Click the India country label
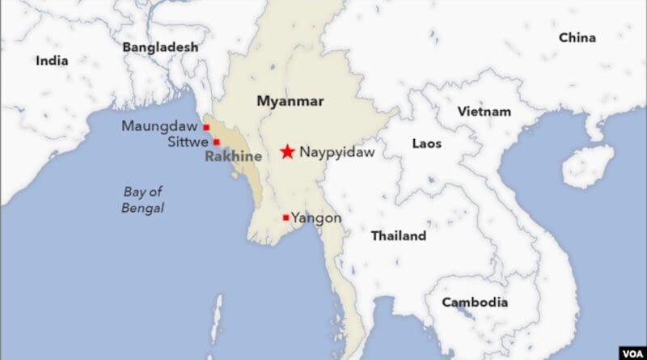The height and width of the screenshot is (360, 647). [x=52, y=61]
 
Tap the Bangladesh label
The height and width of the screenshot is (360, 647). [x=160, y=48]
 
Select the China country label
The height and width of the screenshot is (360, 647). [x=577, y=38]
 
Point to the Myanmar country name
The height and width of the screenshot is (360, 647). [x=290, y=101]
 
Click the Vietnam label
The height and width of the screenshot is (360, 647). [x=484, y=112]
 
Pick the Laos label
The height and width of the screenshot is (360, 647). [x=426, y=143]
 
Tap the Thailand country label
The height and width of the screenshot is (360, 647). [x=398, y=236]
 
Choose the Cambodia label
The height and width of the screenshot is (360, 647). [x=475, y=303]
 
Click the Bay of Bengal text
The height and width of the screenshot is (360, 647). [x=144, y=200]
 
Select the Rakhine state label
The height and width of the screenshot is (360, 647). [x=233, y=156]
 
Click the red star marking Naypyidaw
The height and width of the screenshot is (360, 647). [x=287, y=151]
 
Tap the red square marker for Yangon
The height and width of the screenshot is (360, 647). [x=285, y=218]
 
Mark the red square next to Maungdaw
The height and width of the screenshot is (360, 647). [x=207, y=127]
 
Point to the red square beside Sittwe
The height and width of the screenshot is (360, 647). [x=216, y=142]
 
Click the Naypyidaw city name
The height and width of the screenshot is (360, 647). [x=337, y=151]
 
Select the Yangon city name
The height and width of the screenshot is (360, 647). [x=316, y=218]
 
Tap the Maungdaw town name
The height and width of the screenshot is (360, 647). [x=161, y=126]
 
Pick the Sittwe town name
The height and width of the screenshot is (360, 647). [x=188, y=142]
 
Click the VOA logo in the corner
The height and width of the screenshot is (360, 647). [x=630, y=353]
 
